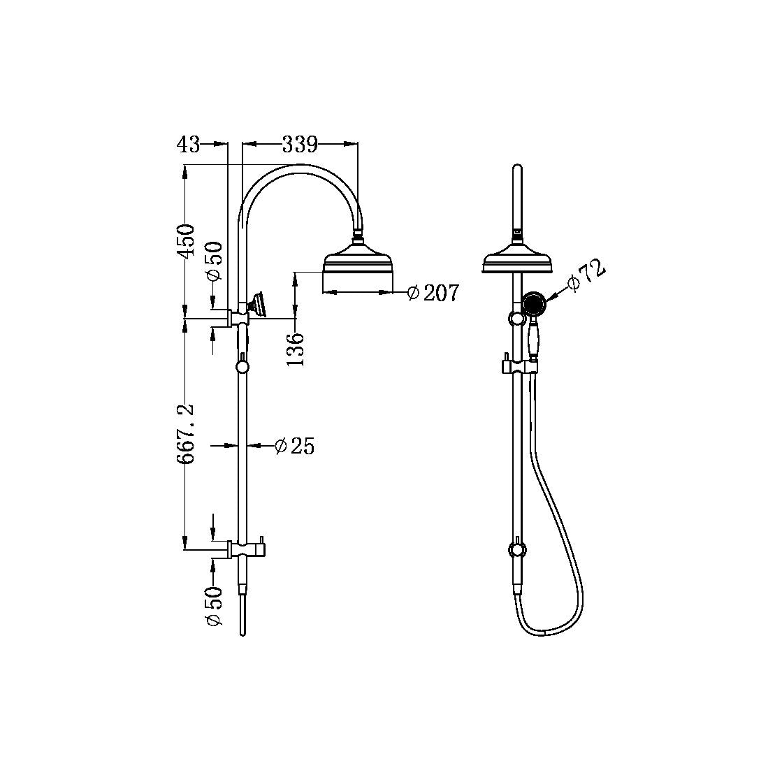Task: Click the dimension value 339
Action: pos(300,145)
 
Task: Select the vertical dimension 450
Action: pos(186,241)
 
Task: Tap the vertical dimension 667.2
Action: pos(186,434)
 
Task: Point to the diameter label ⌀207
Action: pos(433,293)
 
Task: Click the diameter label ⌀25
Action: pos(294,446)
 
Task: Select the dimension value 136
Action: pos(296,349)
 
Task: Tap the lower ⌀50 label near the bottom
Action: pos(214,606)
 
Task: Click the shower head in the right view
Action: pos(517,261)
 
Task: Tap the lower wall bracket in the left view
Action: pos(241,550)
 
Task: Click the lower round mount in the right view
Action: pos(516,550)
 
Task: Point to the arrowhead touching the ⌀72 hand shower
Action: pos(549,298)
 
